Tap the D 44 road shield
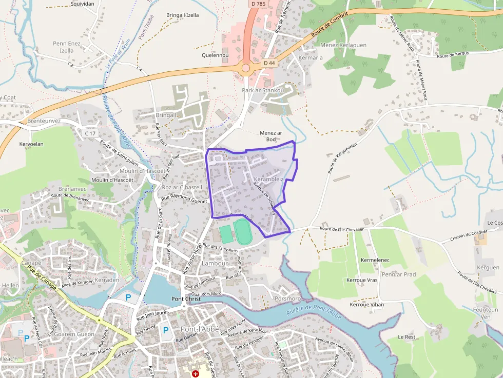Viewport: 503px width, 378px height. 269,63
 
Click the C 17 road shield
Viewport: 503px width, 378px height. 90,133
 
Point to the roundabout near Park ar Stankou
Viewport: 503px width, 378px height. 246,68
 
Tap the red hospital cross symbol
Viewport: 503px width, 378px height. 195,374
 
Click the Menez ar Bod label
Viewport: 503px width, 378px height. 271,136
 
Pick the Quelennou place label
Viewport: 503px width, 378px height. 215,55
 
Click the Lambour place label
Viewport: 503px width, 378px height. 215,263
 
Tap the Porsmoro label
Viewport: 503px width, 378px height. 287,299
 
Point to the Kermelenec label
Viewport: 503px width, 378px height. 375,260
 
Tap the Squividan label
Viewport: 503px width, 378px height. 82,4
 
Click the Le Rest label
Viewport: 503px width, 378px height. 407,337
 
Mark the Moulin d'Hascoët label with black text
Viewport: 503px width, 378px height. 112,180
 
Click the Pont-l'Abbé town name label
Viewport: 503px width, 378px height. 199,329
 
